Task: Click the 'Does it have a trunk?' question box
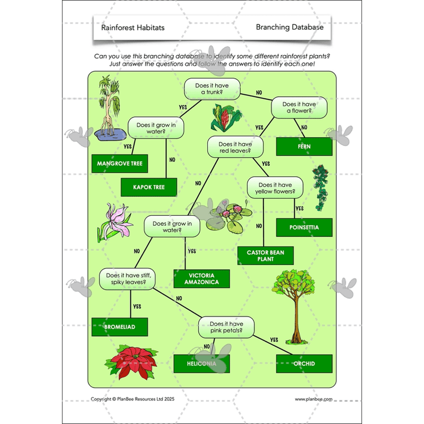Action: pos(212,88)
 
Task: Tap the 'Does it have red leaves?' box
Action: pos(234,147)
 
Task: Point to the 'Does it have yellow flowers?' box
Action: pos(275,187)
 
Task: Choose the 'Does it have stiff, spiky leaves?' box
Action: pos(127,279)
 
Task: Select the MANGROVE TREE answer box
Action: pos(120,164)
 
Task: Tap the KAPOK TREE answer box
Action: pos(149,187)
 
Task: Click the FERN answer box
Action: pos(304,146)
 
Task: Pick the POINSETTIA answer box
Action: pos(304,227)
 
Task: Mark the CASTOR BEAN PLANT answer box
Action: pos(264,256)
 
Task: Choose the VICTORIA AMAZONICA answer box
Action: pos(201,279)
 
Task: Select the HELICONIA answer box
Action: pos(201,364)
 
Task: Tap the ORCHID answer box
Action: pos(304,364)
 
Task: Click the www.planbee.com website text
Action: pos(313,398)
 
